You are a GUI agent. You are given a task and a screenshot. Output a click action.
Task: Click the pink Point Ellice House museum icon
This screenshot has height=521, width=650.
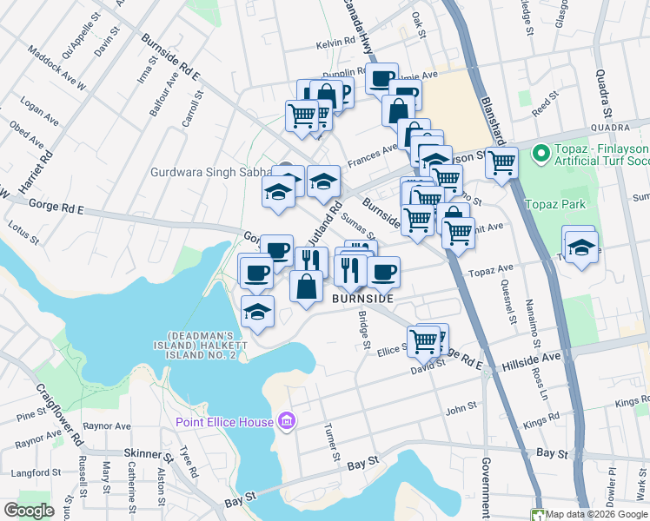tap(287, 422)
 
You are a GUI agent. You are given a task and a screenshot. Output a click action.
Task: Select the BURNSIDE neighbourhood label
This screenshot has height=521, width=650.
tap(362, 298)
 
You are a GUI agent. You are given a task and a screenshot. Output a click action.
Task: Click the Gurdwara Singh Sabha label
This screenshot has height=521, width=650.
tap(209, 172)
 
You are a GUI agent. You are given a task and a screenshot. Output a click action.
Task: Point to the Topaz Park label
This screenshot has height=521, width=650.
tap(555, 204)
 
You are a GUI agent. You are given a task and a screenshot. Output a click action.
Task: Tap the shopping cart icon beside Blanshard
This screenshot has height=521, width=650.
tap(501, 162)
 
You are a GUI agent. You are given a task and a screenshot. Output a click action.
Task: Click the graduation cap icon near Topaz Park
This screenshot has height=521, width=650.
tap(581, 249)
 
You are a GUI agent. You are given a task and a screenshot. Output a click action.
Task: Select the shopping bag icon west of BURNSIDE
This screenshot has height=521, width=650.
tap(307, 287)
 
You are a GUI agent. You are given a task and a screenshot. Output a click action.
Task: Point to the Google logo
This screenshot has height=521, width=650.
tap(30, 510)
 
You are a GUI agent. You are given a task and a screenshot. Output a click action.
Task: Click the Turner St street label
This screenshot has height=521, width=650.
tap(330, 442)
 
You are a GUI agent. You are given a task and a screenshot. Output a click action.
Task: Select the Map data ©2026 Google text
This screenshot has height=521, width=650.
tap(597, 514)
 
